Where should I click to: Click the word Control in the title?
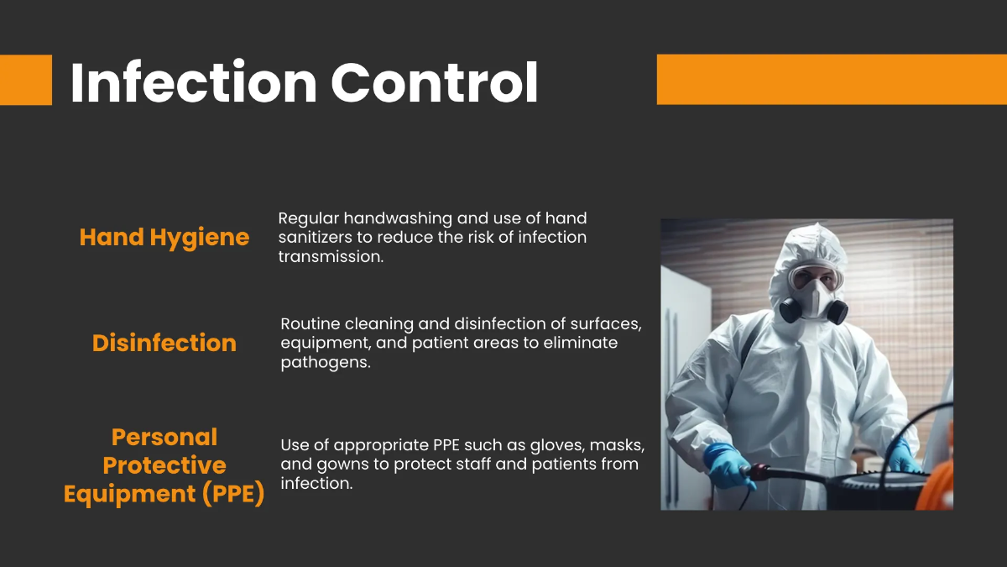click(x=434, y=82)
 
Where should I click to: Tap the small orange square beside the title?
click(x=25, y=80)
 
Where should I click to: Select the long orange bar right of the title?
click(x=831, y=80)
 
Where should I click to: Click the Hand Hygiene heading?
click(x=164, y=238)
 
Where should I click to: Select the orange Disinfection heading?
click(x=164, y=343)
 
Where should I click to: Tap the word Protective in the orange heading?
click(x=164, y=465)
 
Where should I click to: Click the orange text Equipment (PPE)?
click(x=164, y=494)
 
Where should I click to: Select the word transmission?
click(x=331, y=257)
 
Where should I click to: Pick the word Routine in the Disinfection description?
click(x=310, y=323)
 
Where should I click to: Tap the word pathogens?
click(x=325, y=363)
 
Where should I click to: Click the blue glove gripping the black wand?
click(x=727, y=465)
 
